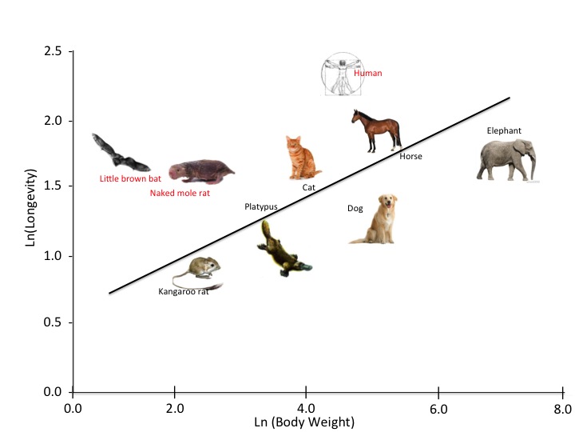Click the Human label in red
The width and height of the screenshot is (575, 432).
pos(368,74)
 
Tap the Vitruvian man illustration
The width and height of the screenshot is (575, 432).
pos(341,76)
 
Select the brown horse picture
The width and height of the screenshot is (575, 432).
pos(376,130)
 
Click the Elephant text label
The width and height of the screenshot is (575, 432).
pos(504,130)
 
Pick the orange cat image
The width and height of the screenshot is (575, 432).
pos(302,158)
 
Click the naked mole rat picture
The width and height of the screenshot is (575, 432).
pos(200,170)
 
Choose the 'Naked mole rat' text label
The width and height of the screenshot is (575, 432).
pos(180,193)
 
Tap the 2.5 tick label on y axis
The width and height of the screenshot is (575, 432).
pos(53,52)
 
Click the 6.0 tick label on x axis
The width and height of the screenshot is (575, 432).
pos(438,409)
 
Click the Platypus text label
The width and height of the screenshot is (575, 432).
pos(261,206)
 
